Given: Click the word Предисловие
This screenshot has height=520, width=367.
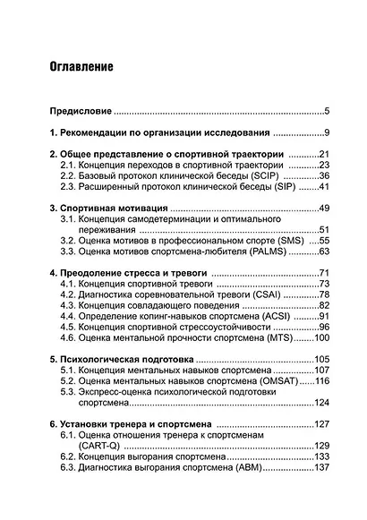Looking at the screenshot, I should pos(80,112).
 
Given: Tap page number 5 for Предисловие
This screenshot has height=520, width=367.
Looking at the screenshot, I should pos(328,112).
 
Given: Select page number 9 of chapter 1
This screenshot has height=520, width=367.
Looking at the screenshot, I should pos(328,133).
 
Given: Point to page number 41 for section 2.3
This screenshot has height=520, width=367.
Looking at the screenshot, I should pos(324,188).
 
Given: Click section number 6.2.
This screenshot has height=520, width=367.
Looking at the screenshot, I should pos(68,456).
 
